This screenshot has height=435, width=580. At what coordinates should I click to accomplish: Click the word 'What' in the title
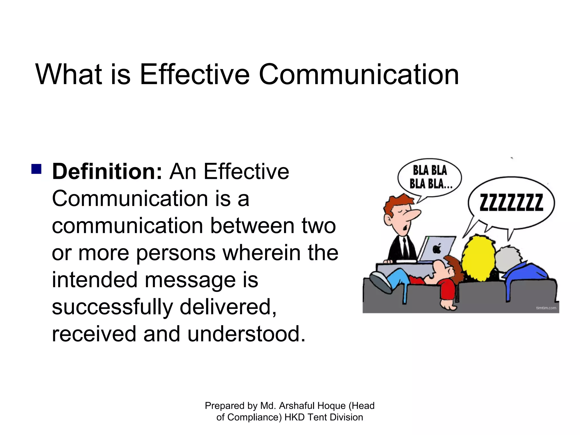click(x=69, y=74)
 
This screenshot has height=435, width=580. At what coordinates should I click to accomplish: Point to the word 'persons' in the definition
click(x=176, y=253)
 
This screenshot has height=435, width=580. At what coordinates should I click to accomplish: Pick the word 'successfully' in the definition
click(x=112, y=307)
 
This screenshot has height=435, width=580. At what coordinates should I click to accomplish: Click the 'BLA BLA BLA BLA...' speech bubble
click(x=430, y=177)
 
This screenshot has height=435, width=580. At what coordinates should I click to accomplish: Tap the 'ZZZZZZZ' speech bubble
click(x=511, y=203)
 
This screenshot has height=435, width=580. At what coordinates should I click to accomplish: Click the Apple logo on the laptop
click(x=437, y=248)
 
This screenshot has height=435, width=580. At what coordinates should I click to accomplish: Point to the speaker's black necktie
click(x=406, y=248)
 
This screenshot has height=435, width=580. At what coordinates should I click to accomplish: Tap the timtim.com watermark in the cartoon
click(x=546, y=308)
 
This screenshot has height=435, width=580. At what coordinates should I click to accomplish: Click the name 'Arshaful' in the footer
click(x=297, y=406)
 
